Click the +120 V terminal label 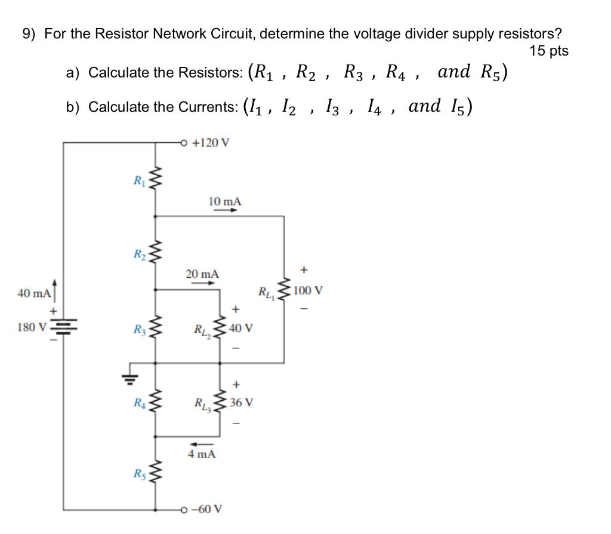pyautogui.click(x=212, y=143)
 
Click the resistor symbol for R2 pyautogui.click(x=156, y=255)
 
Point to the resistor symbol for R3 pyautogui.click(x=156, y=328)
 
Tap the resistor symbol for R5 pyautogui.click(x=156, y=474)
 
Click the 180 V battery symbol pyautogui.click(x=63, y=327)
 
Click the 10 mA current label pyautogui.click(x=225, y=201)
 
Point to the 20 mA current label pyautogui.click(x=202, y=274)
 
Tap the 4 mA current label pyautogui.click(x=202, y=455)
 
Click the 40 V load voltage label pyautogui.click(x=242, y=328)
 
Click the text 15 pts pyautogui.click(x=549, y=51)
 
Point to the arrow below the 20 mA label pyautogui.click(x=202, y=284)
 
